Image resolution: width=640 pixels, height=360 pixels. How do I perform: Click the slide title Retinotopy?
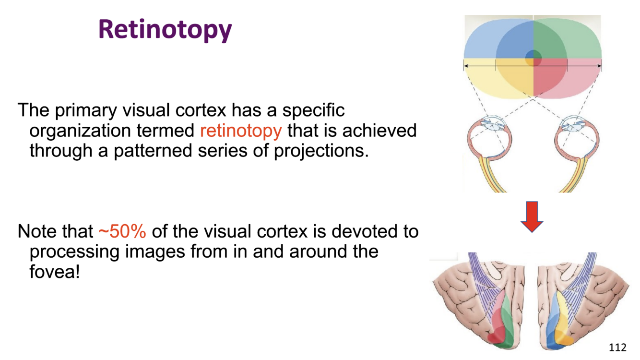coord(165,30)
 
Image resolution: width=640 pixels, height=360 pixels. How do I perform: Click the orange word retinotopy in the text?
coord(241,131)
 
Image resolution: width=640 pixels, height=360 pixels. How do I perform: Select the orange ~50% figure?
coord(122,231)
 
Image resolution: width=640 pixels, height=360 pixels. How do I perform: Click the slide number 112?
coord(617,347)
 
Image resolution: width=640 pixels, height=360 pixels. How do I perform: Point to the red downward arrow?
coord(532,216)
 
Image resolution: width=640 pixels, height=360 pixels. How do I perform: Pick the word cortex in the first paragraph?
coord(201,110)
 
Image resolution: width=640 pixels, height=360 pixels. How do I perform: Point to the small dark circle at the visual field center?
coord(533,59)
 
